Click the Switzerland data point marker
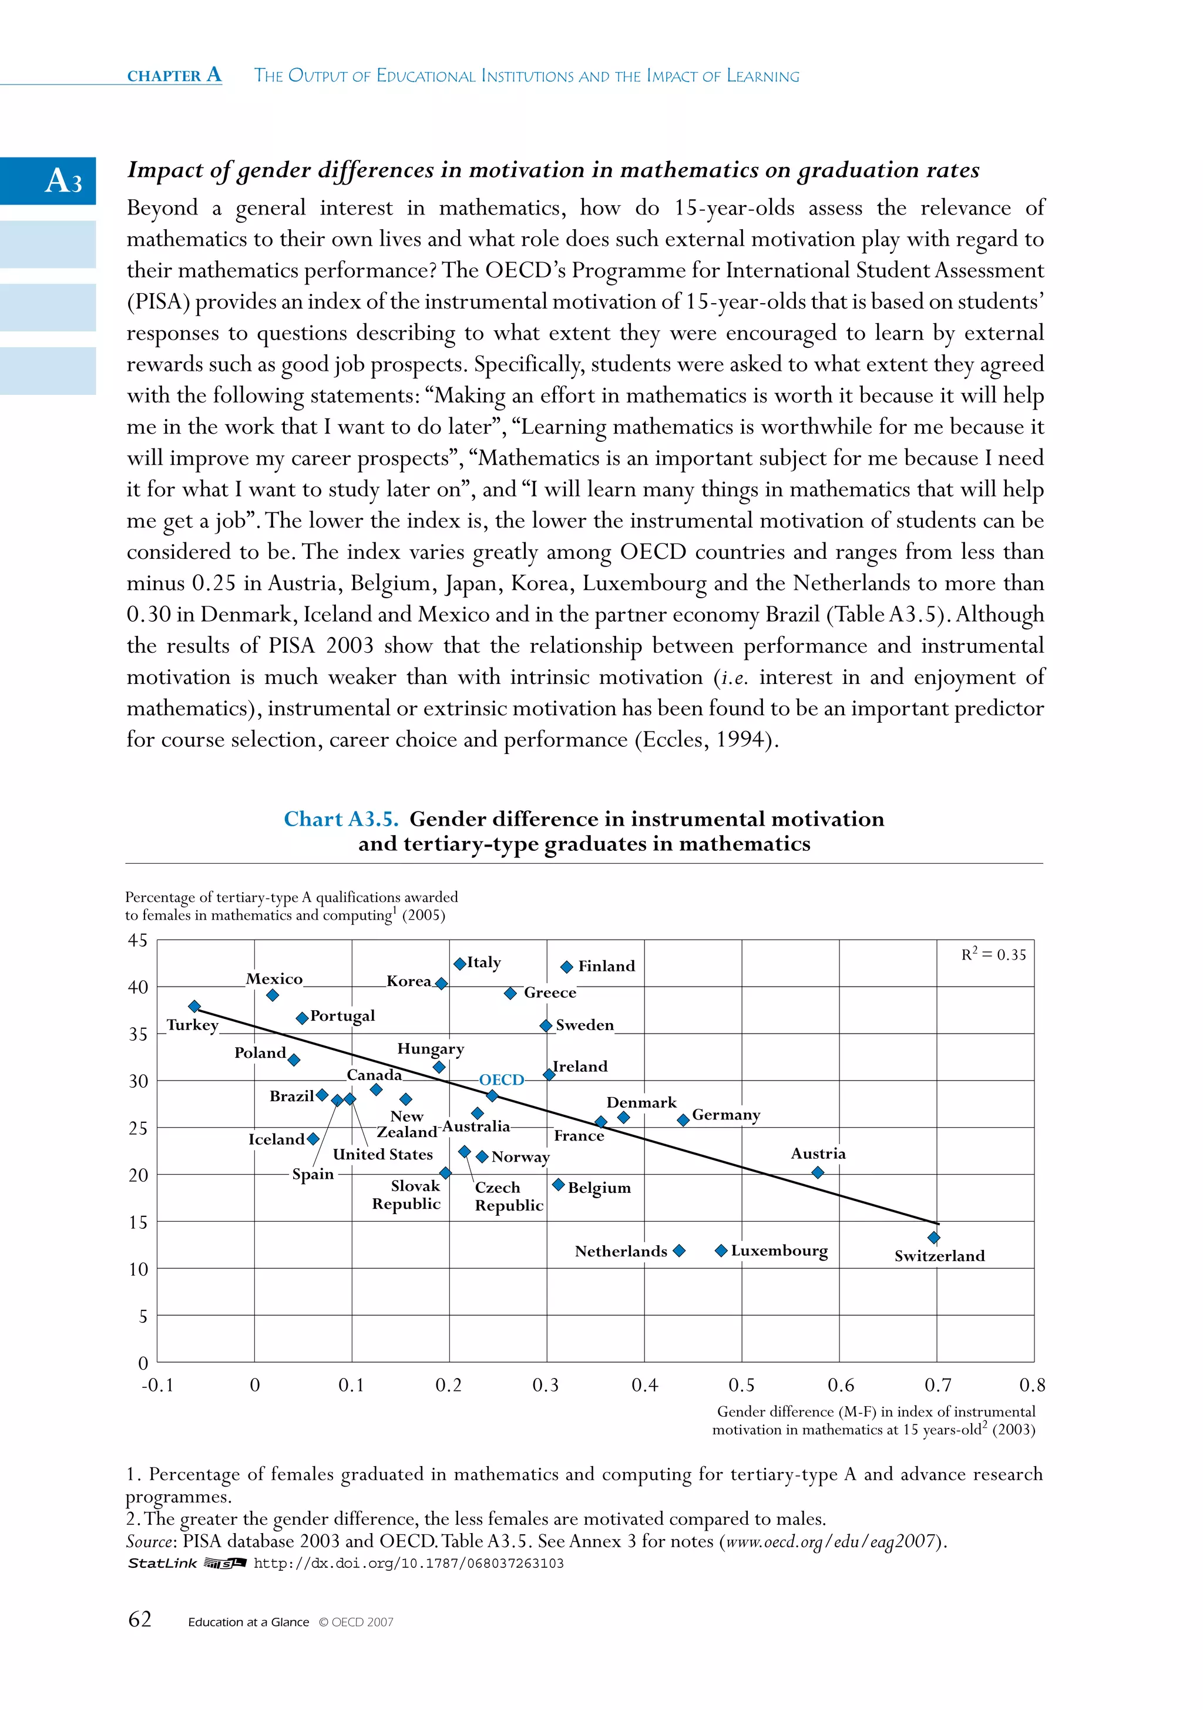[933, 1237]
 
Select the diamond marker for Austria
[818, 1172]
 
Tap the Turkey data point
[194, 1006]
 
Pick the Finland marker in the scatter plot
[566, 967]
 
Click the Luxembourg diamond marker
[721, 1250]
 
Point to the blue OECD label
[501, 1079]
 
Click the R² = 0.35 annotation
[993, 955]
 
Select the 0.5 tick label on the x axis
[741, 1385]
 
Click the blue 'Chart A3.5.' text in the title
[341, 819]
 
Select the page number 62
[140, 1619]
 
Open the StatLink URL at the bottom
[409, 1563]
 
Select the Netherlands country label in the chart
[620, 1251]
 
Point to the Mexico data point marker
[273, 995]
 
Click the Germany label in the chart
[726, 1115]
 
